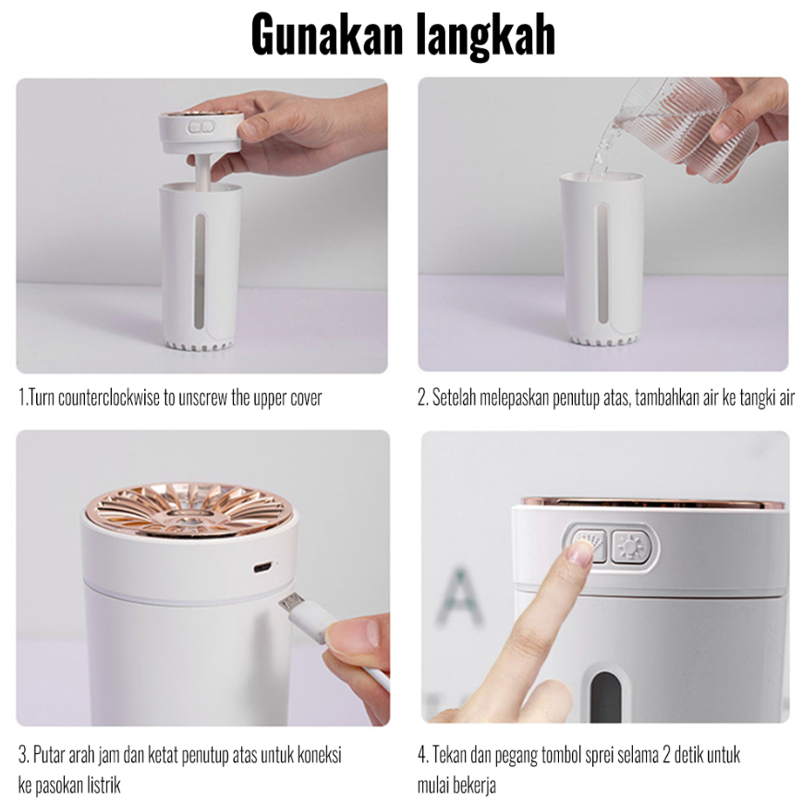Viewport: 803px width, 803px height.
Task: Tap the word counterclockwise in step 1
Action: (x=108, y=397)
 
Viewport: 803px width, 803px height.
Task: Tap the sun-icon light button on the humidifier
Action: (x=628, y=546)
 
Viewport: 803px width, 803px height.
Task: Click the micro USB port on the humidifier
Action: (x=262, y=567)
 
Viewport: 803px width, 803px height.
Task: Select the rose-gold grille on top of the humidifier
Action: (x=187, y=508)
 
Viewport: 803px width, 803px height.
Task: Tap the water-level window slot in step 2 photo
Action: (x=602, y=263)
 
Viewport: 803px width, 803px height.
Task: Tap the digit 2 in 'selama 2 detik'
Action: (x=666, y=755)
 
